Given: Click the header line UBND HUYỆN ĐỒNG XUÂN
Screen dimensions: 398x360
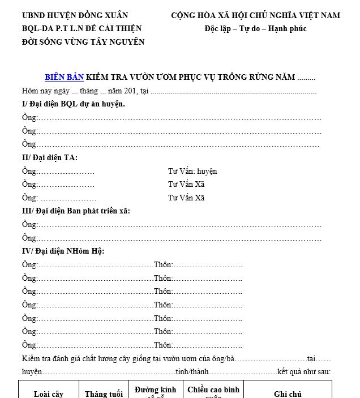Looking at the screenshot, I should pyautogui.click(x=75, y=15).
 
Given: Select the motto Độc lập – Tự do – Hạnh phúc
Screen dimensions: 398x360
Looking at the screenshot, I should pyautogui.click(x=255, y=28).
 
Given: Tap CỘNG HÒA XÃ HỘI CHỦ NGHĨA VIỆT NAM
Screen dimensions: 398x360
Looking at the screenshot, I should pyautogui.click(x=255, y=15).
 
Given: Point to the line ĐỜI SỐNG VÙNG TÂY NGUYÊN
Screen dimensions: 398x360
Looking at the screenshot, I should pyautogui.click(x=83, y=41).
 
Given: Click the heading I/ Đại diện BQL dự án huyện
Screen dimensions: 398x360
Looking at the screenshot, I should pyautogui.click(x=74, y=104).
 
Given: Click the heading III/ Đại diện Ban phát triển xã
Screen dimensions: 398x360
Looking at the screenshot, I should pyautogui.click(x=76, y=211).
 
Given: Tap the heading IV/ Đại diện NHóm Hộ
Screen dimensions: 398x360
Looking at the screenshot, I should pyautogui.click(x=63, y=251).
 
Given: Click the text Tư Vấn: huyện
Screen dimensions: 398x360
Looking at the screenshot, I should pyautogui.click(x=192, y=171).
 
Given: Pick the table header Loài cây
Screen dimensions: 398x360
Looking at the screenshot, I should pyautogui.click(x=49, y=394).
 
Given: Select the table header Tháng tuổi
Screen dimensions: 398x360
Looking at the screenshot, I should pyautogui.click(x=104, y=394).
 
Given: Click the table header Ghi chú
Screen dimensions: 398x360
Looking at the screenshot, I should pyautogui.click(x=288, y=394).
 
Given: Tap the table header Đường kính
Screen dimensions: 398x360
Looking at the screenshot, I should pyautogui.click(x=155, y=390).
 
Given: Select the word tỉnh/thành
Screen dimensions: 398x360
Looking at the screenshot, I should pyautogui.click(x=192, y=372).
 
